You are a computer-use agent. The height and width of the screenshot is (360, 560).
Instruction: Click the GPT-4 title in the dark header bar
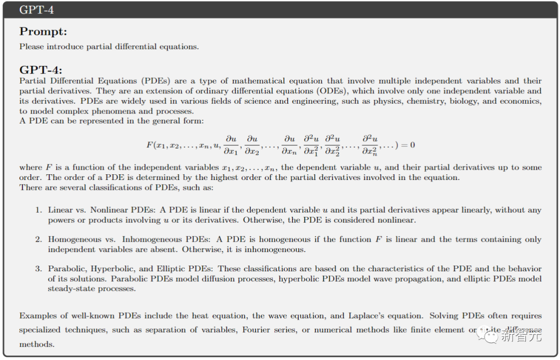pyautogui.click(x=36, y=10)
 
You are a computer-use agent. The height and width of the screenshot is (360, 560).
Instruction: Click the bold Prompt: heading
pyautogui.click(x=43, y=32)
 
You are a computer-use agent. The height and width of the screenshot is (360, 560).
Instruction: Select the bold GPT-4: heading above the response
pyautogui.click(x=40, y=70)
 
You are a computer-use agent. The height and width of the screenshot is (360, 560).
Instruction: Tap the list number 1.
pyautogui.click(x=38, y=210)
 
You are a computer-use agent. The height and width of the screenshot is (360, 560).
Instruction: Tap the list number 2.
pyautogui.click(x=38, y=240)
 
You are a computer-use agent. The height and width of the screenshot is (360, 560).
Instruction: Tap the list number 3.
pyautogui.click(x=38, y=269)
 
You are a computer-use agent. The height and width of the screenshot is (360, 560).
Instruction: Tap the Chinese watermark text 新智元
pyautogui.click(x=521, y=336)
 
